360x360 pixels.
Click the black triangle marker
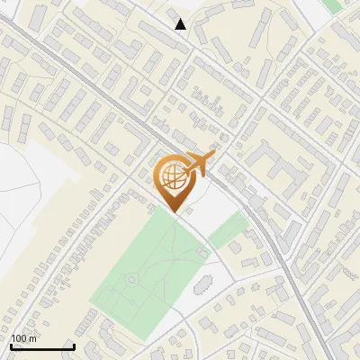pyautogui.click(x=181, y=24)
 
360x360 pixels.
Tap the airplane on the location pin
pyautogui.click(x=198, y=164)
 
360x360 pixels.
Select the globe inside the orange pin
pyautogui.click(x=172, y=178)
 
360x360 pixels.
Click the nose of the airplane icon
pyautogui.click(x=214, y=155)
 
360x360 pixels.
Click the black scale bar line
pyautogui.click(x=42, y=346)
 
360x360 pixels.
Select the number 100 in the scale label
pyautogui.click(x=17, y=338)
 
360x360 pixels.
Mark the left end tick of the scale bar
pyautogui.click(x=11, y=345)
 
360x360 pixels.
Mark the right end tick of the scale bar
pyautogui.click(x=74, y=345)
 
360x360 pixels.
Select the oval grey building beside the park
pyautogui.click(x=202, y=287)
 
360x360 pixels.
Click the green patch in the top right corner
pyautogui.click(x=334, y=5)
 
